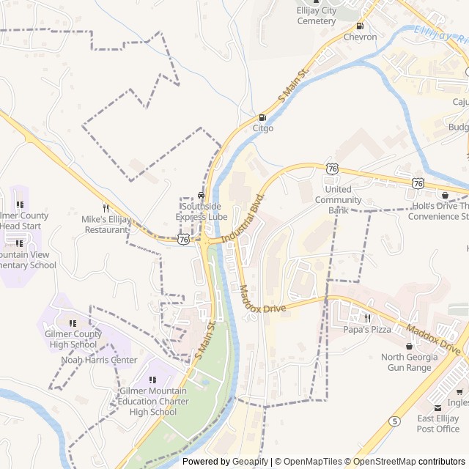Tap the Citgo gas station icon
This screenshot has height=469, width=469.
(x=262, y=117)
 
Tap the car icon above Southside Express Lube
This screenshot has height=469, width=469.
(x=202, y=196)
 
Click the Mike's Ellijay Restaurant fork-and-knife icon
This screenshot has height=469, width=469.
(x=106, y=208)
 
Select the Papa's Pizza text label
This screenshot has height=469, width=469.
(x=367, y=330)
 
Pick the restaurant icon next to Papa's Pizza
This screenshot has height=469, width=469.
(x=367, y=318)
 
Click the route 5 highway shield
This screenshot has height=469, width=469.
(x=395, y=421)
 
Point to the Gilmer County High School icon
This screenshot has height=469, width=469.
(x=73, y=323)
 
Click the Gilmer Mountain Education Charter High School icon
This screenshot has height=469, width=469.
(x=153, y=380)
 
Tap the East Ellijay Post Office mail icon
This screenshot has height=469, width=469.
(x=438, y=407)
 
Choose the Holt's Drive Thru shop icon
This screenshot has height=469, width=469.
(x=445, y=195)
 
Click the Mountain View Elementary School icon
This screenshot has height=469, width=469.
(x=21, y=243)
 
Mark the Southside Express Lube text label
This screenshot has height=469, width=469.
(x=202, y=212)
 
